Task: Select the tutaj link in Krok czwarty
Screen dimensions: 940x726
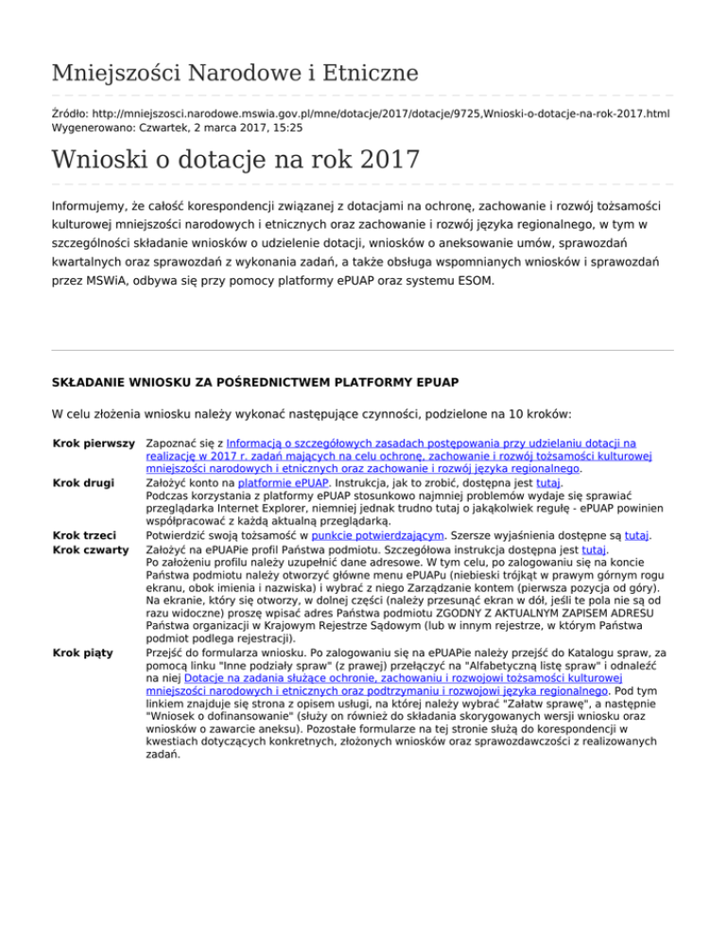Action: coord(593,550)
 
